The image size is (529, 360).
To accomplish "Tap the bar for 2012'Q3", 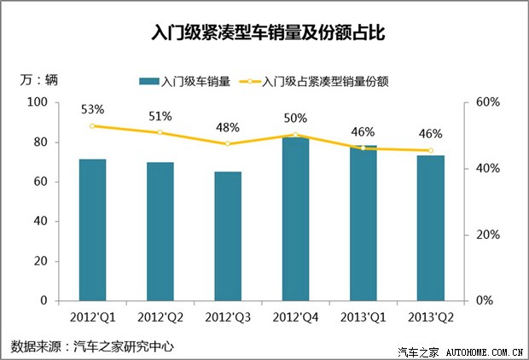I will point(228,236).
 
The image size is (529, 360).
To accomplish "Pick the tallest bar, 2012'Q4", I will point(295,219).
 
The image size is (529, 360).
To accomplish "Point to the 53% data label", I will point(93,109).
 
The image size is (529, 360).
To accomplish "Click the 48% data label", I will point(228,128).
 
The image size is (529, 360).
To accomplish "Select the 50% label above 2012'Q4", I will point(295,118).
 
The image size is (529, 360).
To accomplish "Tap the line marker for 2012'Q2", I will point(160,132).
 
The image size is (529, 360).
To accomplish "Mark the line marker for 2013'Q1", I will point(363,148).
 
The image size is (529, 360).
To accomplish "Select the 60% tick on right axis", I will point(487,102).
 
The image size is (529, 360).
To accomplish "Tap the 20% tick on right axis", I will point(487,235).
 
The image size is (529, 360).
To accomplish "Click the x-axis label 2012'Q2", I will point(160,317).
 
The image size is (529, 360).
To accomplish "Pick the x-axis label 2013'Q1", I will point(363,317).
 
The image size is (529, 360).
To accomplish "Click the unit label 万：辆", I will point(38,80).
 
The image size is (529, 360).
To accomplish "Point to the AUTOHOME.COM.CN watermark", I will point(483,351).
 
